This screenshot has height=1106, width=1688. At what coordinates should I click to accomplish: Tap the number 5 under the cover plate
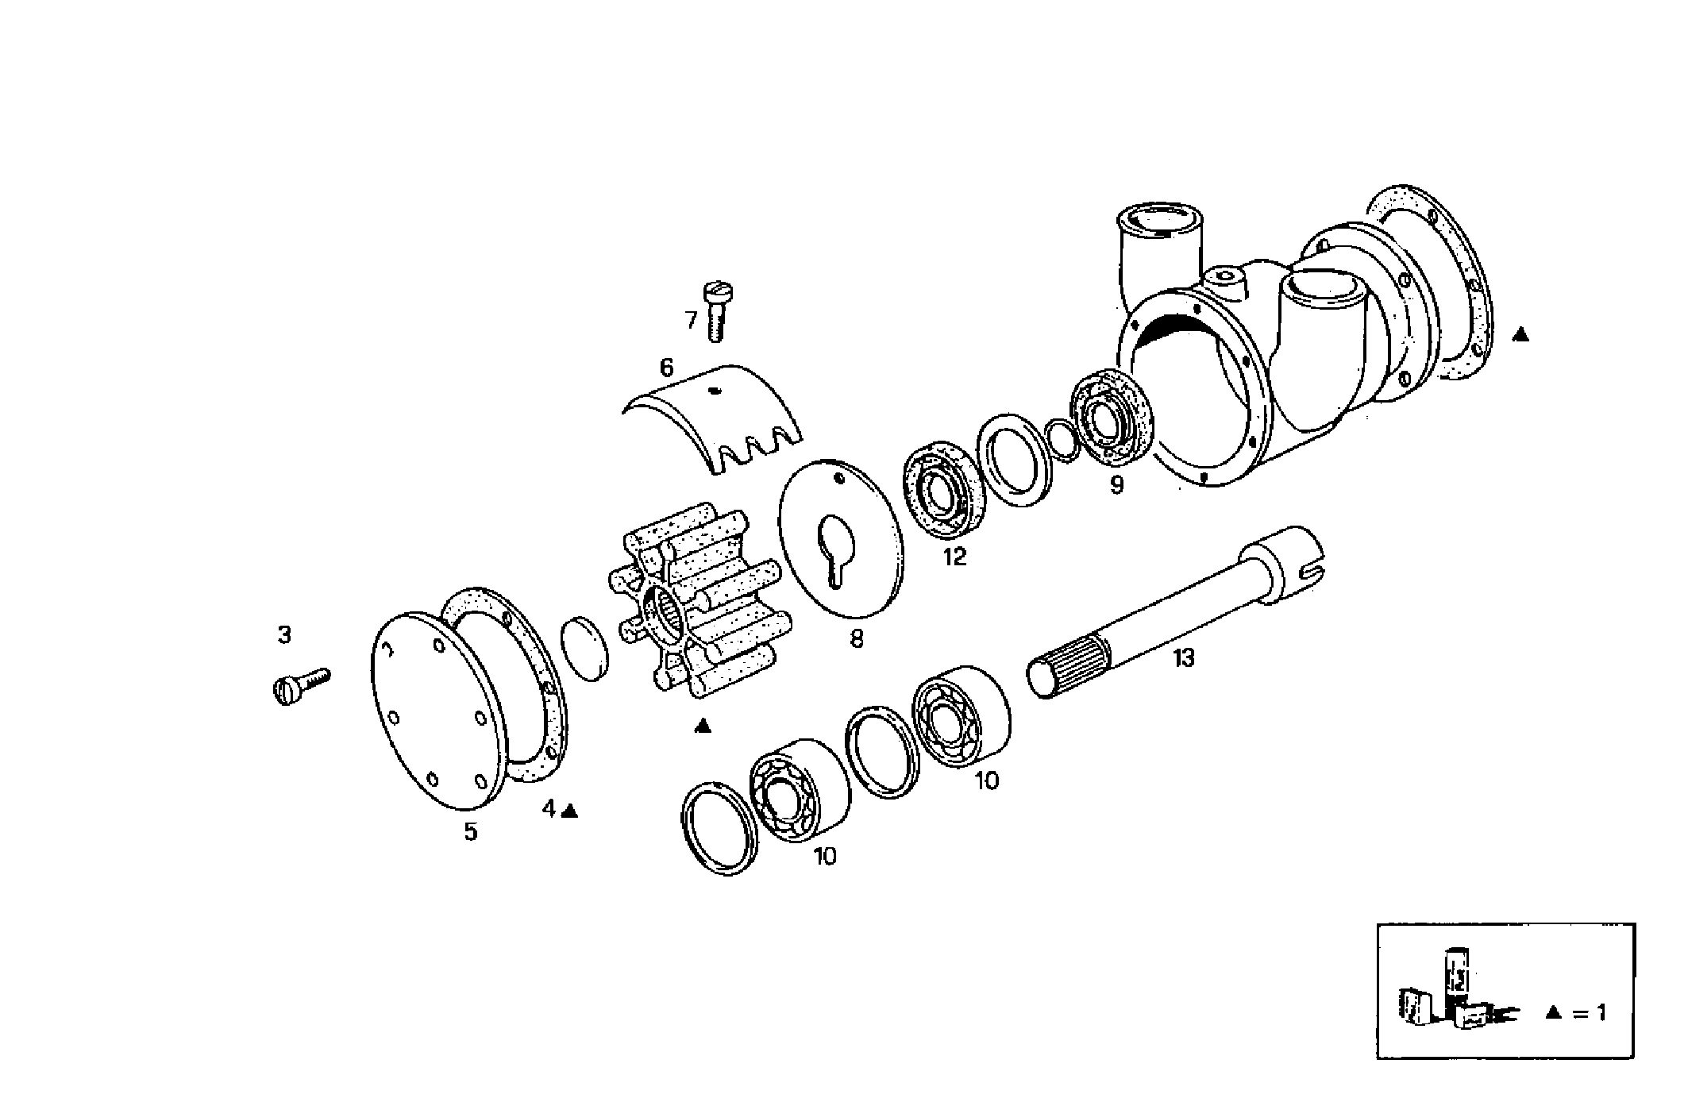471,832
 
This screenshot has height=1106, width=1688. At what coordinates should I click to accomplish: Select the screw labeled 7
717,312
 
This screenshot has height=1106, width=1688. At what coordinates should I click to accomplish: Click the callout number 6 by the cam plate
666,368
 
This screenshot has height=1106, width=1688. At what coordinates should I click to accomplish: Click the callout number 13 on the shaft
1183,658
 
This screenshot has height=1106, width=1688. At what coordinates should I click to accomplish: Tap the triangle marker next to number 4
570,811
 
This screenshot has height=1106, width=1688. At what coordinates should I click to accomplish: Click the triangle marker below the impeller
703,726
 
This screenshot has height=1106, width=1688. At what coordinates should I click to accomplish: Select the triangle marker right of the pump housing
1520,335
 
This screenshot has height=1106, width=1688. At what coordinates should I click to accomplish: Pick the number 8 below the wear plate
856,638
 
